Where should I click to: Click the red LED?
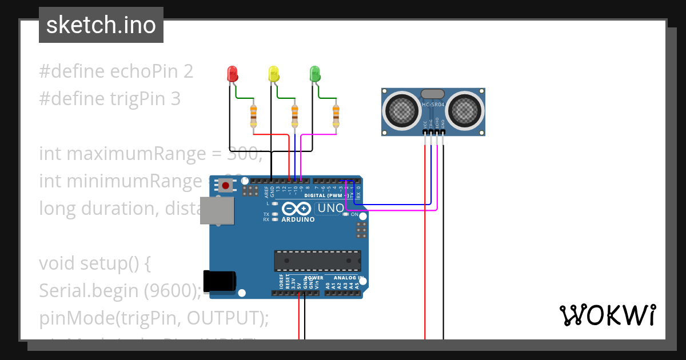(x=232, y=73)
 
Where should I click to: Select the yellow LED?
(x=273, y=73)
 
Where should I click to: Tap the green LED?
(x=314, y=73)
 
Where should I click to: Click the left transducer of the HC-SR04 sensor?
(x=402, y=109)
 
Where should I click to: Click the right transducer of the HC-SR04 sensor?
(x=465, y=109)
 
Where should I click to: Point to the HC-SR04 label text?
(x=433, y=105)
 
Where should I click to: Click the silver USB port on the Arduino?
(x=218, y=210)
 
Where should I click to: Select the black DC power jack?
(x=220, y=281)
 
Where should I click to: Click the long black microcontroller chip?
(x=317, y=260)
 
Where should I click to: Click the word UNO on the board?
(x=330, y=209)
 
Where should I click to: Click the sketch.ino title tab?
(x=101, y=25)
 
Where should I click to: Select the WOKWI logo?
(x=607, y=315)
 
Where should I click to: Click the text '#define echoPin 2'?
(x=116, y=71)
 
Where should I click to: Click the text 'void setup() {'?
(x=94, y=263)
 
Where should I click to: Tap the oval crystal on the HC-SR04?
(x=433, y=94)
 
